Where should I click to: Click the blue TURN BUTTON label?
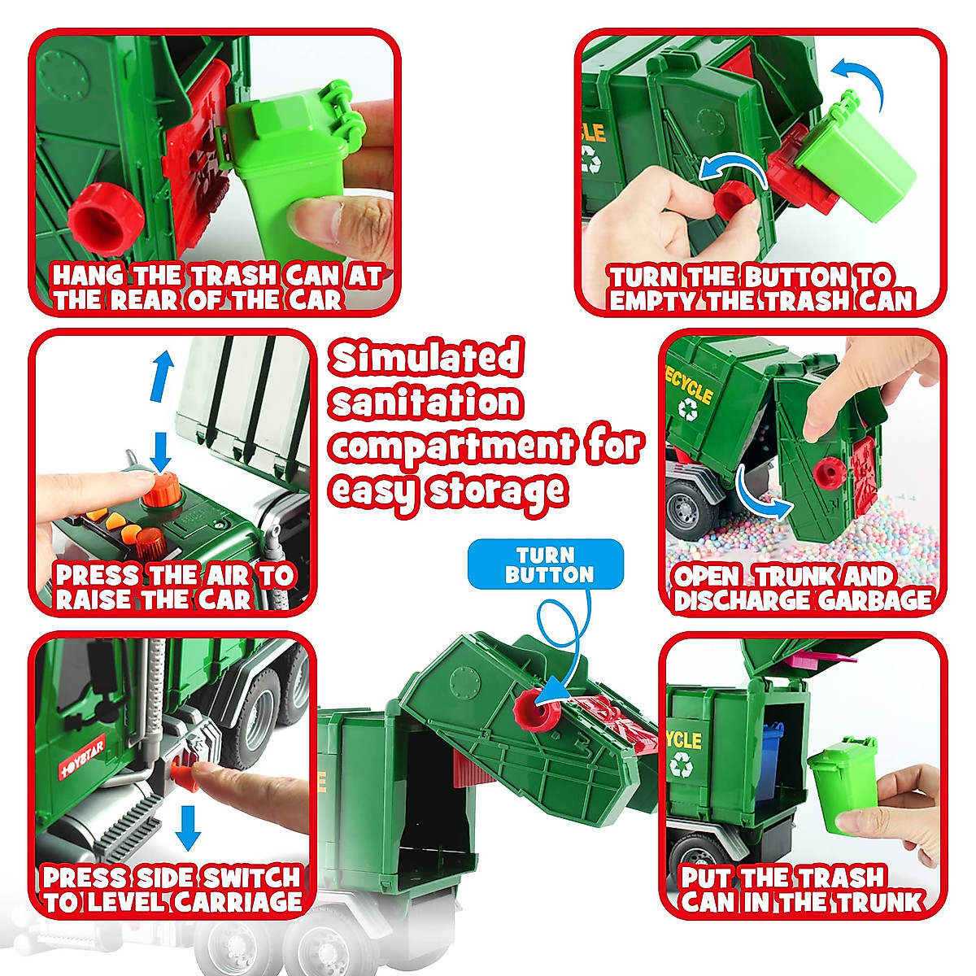[x=546, y=564]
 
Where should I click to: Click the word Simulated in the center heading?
[x=426, y=358]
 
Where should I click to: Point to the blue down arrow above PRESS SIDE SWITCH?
[x=189, y=827]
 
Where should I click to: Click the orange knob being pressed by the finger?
[x=163, y=491]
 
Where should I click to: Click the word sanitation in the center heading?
[x=426, y=403]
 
